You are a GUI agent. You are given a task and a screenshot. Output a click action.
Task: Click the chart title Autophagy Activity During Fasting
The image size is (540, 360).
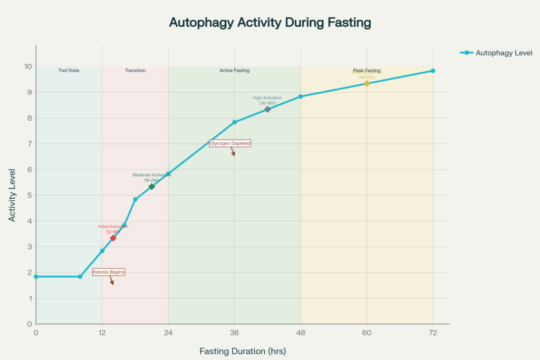(269, 23)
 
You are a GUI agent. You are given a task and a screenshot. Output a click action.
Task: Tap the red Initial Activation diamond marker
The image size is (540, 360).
(113, 238)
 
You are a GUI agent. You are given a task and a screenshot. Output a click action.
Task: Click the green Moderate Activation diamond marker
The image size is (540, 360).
(152, 187)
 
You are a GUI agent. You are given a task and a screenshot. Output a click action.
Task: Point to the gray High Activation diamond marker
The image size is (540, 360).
(267, 109)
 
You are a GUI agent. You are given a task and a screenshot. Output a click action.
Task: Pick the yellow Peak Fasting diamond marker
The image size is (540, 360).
(367, 83)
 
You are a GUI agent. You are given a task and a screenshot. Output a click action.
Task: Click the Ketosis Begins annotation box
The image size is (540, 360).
(109, 272)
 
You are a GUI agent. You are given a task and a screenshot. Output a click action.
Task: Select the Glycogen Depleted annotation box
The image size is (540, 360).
(230, 143)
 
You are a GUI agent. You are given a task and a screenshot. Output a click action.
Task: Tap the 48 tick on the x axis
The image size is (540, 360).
(301, 333)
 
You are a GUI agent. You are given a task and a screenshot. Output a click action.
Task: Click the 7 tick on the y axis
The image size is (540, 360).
(30, 143)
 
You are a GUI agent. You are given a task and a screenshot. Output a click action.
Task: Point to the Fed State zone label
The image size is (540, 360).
(69, 70)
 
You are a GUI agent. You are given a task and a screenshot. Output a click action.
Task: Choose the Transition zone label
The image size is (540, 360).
(136, 70)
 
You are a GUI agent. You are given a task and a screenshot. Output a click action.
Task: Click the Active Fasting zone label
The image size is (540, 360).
(235, 70)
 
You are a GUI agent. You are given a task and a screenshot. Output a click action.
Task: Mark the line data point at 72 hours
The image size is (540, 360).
(433, 71)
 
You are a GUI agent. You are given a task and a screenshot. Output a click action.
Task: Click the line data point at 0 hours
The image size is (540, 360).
(36, 277)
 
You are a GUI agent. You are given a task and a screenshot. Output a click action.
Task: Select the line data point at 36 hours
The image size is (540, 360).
(235, 122)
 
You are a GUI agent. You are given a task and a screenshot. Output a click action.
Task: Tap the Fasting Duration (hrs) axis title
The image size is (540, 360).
(243, 351)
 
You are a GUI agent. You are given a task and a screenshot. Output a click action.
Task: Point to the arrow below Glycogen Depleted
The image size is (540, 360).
(233, 152)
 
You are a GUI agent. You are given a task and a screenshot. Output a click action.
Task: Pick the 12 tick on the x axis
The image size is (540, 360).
(102, 333)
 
